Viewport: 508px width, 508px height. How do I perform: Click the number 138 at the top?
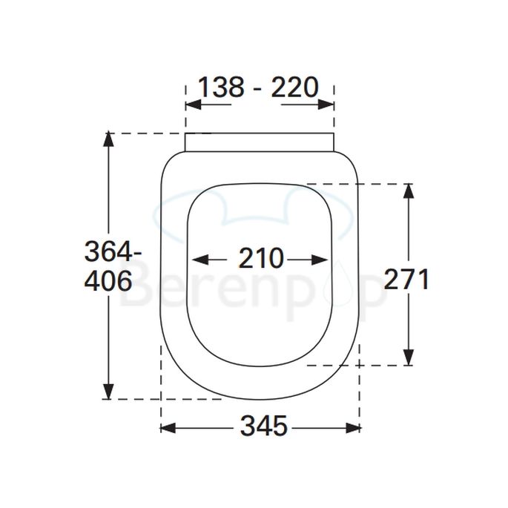point(221,88)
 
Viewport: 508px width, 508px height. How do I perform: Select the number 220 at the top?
point(294,88)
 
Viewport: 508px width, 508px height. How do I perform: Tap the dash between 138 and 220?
point(258,89)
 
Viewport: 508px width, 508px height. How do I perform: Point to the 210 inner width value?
point(261,259)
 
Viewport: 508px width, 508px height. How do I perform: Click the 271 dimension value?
point(406,280)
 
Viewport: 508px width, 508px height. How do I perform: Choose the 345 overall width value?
point(263,426)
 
